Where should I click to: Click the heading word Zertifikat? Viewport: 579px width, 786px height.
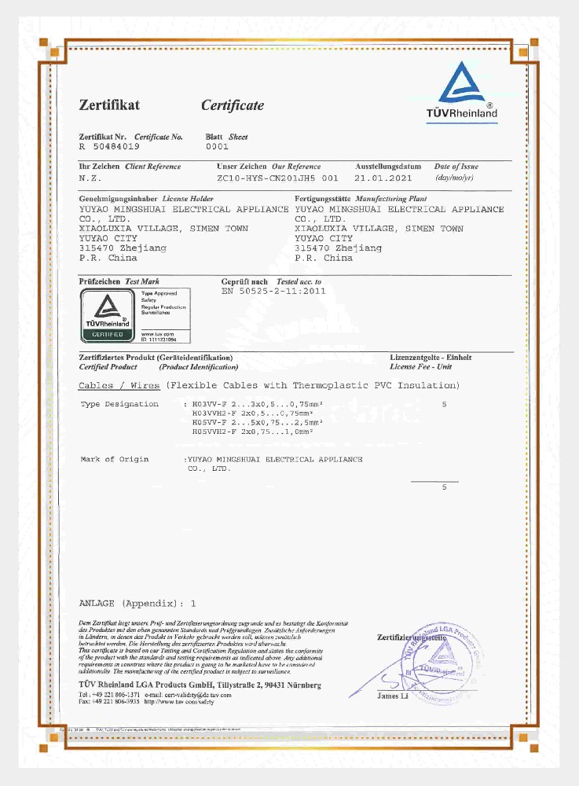(109, 105)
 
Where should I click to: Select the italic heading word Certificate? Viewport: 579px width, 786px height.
(233, 105)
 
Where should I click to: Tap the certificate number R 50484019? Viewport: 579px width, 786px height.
(109, 147)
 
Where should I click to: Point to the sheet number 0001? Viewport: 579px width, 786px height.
(217, 147)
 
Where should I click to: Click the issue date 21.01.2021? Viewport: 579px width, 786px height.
(384, 178)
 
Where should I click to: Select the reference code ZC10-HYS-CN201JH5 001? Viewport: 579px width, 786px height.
(277, 178)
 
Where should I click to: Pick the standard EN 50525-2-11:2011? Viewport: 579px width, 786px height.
(274, 291)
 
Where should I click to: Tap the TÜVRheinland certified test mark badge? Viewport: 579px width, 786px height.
(133, 315)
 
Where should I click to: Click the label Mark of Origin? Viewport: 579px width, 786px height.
(115, 459)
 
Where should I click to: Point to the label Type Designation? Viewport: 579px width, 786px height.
(119, 403)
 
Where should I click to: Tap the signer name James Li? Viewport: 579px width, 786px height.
(394, 696)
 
